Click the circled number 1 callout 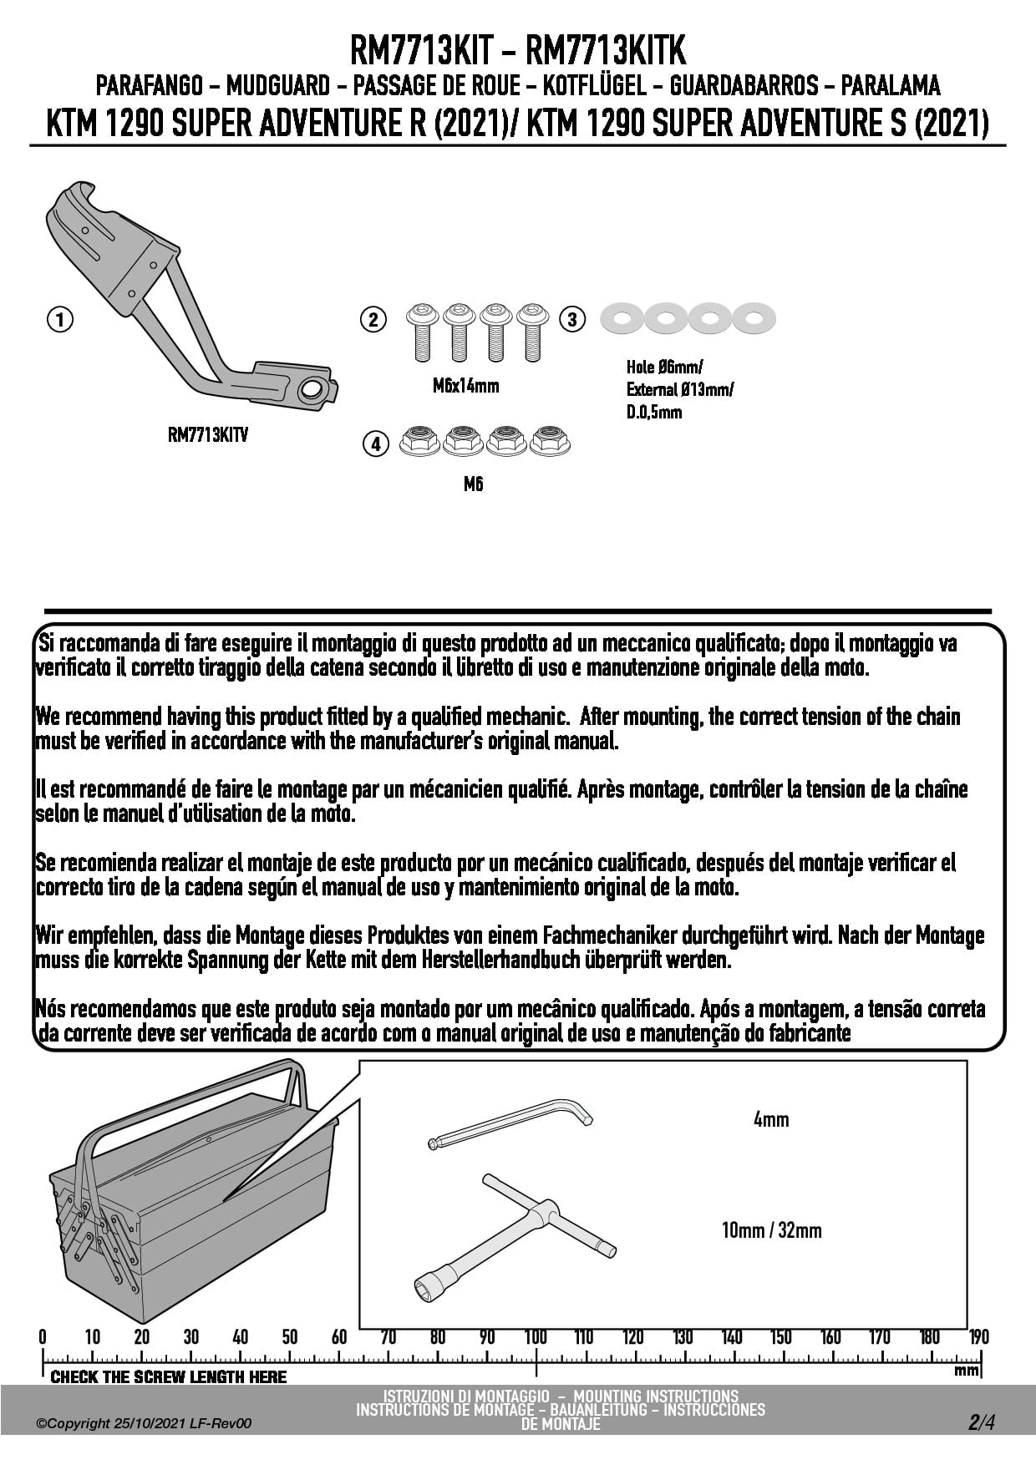pos(60,319)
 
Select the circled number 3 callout pos(572,319)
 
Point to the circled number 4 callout pos(376,444)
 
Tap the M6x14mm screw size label pos(466,386)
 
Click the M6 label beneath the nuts pos(473,484)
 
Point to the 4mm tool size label pos(770,1119)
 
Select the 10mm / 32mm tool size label pos(771,1230)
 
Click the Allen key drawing pos(510,1123)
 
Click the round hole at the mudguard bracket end pos(312,389)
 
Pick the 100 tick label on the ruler pos(536,1337)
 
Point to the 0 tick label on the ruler pos(43,1337)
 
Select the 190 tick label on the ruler pos(978,1337)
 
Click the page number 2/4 pos(982,1422)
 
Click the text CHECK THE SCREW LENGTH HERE pos(168,1376)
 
